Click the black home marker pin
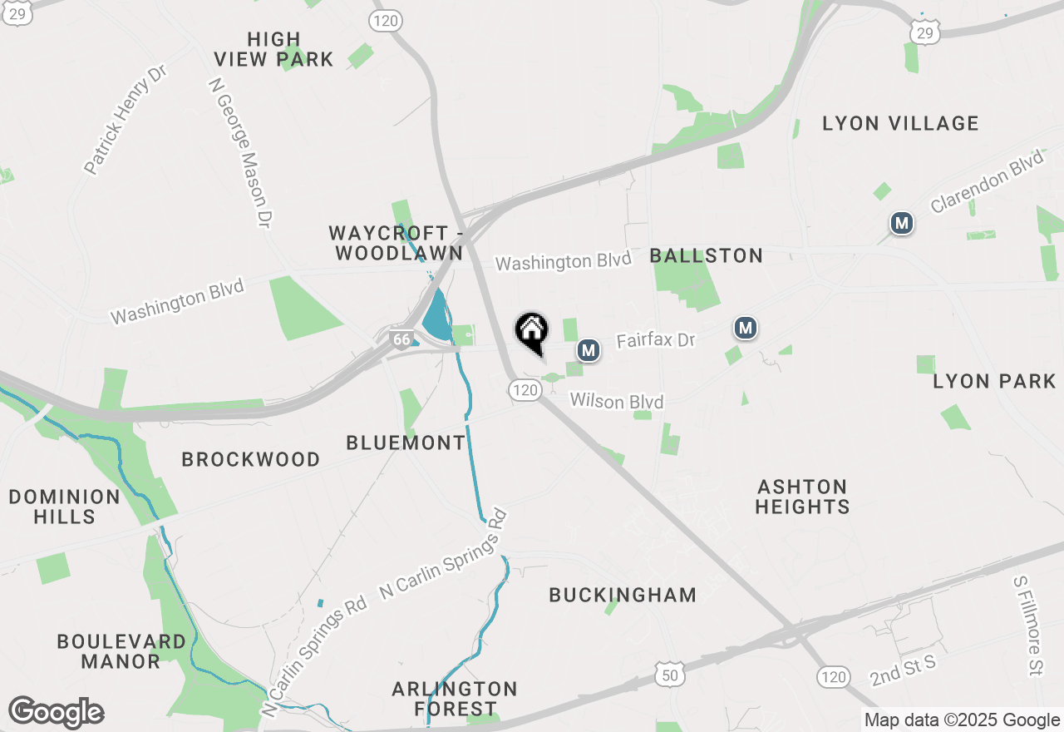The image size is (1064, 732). pyautogui.click(x=532, y=333)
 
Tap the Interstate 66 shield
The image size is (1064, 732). pyautogui.click(x=401, y=339)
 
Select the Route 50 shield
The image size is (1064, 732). pyautogui.click(x=669, y=675)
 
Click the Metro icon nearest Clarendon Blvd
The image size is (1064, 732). pyautogui.click(x=901, y=223)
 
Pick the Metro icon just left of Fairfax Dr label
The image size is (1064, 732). pyautogui.click(x=589, y=350)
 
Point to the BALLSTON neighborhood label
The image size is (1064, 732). pyautogui.click(x=707, y=255)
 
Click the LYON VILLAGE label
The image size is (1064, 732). pyautogui.click(x=900, y=124)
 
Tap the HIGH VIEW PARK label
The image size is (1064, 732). pyautogui.click(x=273, y=49)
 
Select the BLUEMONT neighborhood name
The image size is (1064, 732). pyautogui.click(x=406, y=443)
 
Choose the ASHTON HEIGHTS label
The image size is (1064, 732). pyautogui.click(x=802, y=497)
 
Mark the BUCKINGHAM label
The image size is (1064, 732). pyautogui.click(x=623, y=595)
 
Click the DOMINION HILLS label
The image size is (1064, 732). pyautogui.click(x=65, y=507)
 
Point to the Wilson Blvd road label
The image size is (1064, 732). pyautogui.click(x=617, y=402)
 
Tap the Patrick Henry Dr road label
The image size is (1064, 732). pyautogui.click(x=126, y=121)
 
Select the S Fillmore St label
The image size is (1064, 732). pyautogui.click(x=1027, y=625)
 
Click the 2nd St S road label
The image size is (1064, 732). pyautogui.click(x=904, y=670)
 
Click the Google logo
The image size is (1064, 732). pyautogui.click(x=56, y=713)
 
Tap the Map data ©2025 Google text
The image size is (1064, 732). pyautogui.click(x=962, y=720)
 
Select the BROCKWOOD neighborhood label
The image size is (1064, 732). pyautogui.click(x=250, y=459)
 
